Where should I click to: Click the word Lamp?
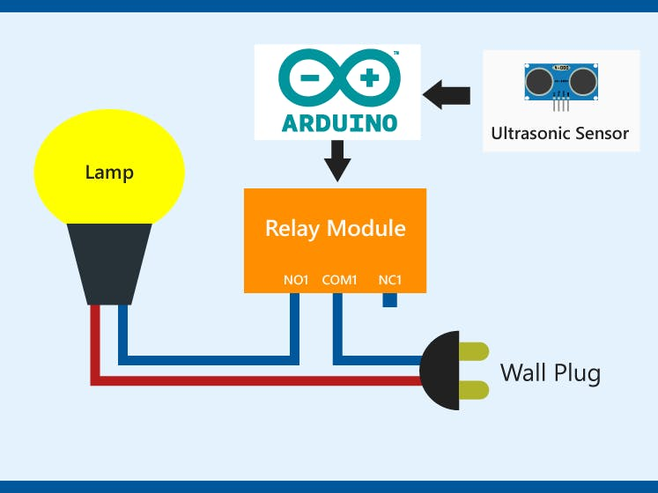pos(109,172)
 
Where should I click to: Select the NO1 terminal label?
pos(296,280)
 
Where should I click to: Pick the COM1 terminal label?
pos(339,280)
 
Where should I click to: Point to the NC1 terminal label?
pos(390,280)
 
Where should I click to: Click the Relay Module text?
pos(335,229)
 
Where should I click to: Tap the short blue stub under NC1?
pos(389,299)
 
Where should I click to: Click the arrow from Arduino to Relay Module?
pos(336,162)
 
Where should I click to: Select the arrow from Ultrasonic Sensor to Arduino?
pos(447,94)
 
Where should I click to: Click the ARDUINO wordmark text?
pos(339,122)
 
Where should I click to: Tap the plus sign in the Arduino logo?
pos(369,78)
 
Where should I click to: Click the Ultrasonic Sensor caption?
pos(560,134)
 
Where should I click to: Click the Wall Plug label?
pos(551,372)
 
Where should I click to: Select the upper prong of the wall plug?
pos(473,352)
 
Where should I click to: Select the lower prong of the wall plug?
pos(473,390)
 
